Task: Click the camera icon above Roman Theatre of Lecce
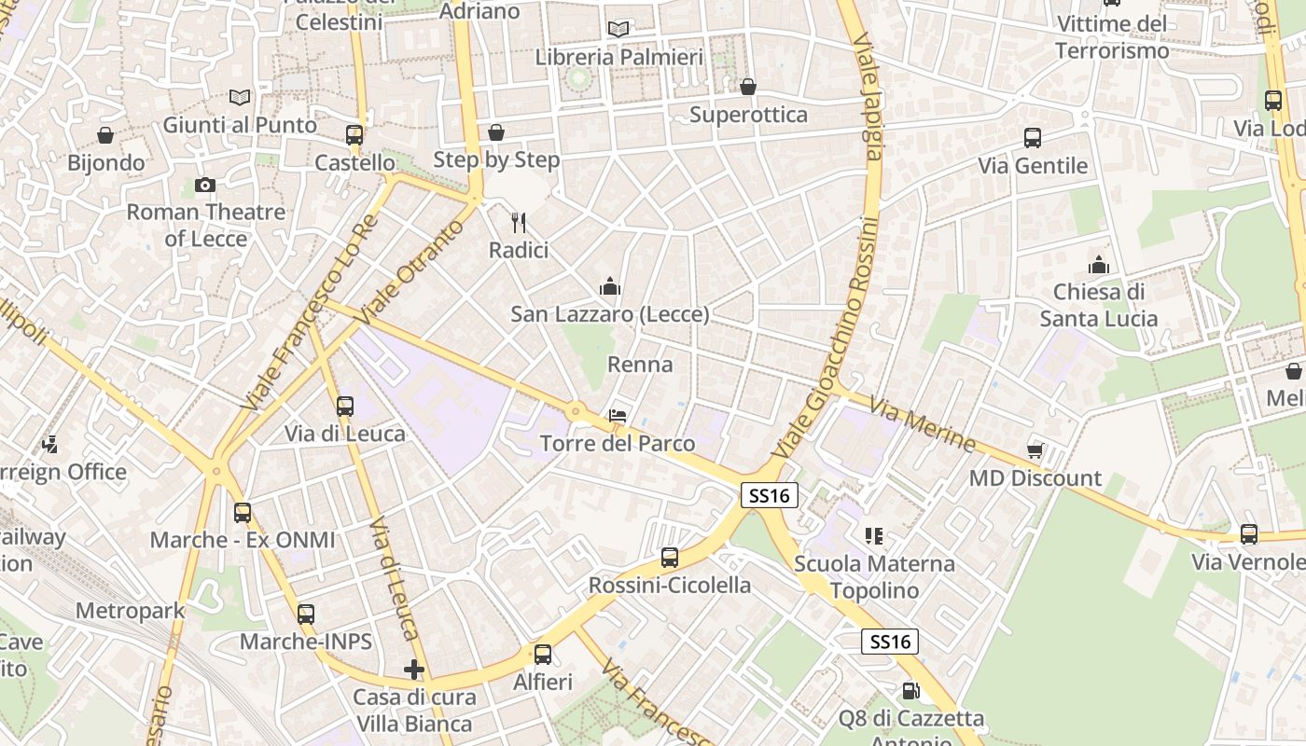tap(205, 185)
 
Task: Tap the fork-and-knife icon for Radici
tap(520, 223)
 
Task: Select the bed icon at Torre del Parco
tap(618, 416)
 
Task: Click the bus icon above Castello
tap(354, 134)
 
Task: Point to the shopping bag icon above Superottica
tap(748, 87)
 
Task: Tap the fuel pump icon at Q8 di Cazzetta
tap(910, 691)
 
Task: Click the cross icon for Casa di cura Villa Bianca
tap(414, 670)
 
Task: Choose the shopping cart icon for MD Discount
tap(1035, 450)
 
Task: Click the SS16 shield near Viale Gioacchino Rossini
tap(770, 496)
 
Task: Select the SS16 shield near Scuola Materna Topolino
tap(889, 642)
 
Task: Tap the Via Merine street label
tap(922, 423)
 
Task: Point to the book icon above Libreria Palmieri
tap(618, 29)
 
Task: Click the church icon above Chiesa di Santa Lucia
tap(1099, 264)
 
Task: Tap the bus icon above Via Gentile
tap(1033, 138)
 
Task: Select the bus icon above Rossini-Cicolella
tap(670, 558)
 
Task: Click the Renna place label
tap(640, 364)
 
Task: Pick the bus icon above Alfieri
tap(543, 655)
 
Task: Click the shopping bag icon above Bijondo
tap(105, 135)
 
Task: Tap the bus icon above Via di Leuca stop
tap(345, 407)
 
